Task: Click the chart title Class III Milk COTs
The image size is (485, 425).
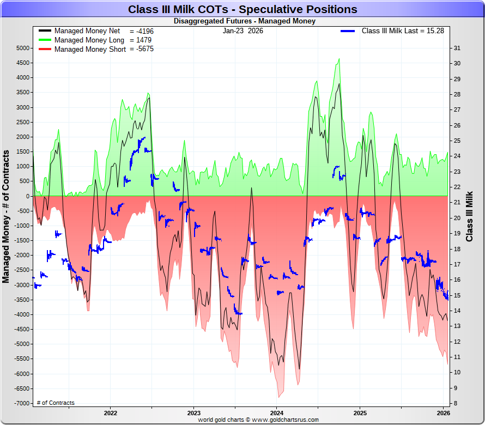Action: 242,9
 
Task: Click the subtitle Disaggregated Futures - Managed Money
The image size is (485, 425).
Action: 244,21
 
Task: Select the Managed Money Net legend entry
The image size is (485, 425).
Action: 87,31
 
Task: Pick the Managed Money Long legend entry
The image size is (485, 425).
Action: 89,40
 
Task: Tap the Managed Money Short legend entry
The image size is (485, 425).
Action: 90,49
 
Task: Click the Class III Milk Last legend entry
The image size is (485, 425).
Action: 402,31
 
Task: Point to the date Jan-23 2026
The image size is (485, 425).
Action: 242,31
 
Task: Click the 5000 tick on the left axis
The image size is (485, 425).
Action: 22,48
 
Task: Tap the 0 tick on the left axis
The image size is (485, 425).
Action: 27,196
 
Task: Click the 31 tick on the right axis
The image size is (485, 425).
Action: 457,48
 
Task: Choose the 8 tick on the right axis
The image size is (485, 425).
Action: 456,404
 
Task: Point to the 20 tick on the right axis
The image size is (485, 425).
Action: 457,218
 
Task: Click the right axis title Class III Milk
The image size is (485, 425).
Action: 470,216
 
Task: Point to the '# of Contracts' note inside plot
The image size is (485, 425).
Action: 56,403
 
